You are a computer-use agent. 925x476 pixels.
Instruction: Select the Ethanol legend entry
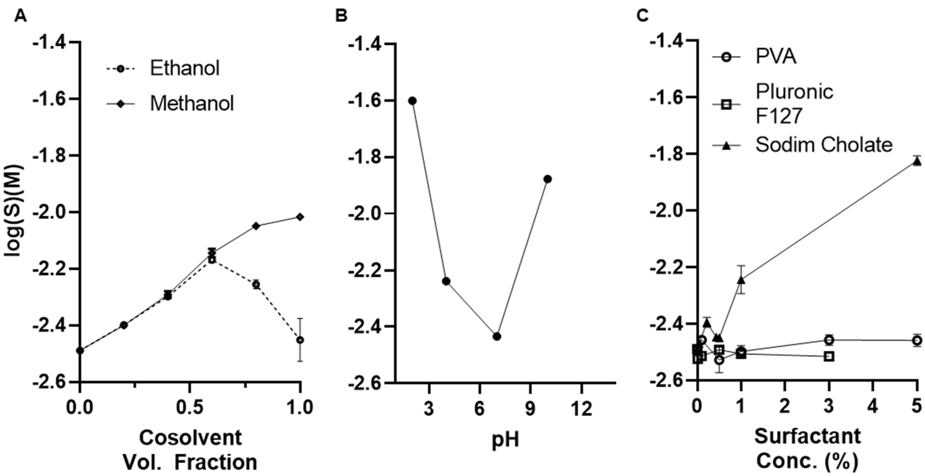pyautogui.click(x=184, y=68)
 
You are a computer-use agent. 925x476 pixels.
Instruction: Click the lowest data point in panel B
pyautogui.click(x=497, y=337)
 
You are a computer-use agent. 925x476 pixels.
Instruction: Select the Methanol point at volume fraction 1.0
pyautogui.click(x=300, y=217)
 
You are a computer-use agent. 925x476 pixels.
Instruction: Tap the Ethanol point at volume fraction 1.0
pyautogui.click(x=300, y=340)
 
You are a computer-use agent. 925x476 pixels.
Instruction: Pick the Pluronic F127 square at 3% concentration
pyautogui.click(x=829, y=356)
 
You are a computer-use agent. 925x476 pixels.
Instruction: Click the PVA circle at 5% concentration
pyautogui.click(x=917, y=340)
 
